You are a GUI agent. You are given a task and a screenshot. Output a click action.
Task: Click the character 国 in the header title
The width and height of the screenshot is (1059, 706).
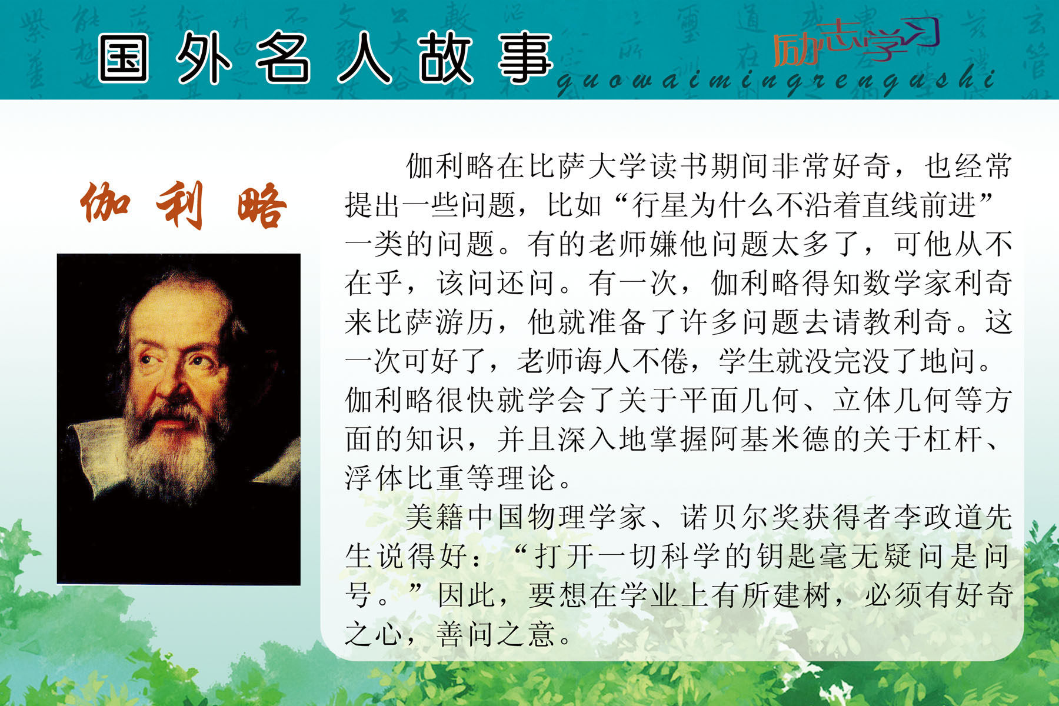[123, 58]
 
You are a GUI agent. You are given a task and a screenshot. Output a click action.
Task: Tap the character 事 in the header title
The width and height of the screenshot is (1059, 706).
[525, 58]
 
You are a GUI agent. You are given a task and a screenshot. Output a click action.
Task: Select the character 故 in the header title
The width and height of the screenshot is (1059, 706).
[445, 58]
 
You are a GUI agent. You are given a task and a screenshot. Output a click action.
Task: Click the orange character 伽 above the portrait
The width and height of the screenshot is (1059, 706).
[105, 204]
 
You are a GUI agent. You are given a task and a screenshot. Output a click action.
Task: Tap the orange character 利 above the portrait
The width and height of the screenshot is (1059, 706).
[181, 205]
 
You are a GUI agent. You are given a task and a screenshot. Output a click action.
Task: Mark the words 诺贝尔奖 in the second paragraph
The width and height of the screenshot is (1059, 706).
[740, 517]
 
